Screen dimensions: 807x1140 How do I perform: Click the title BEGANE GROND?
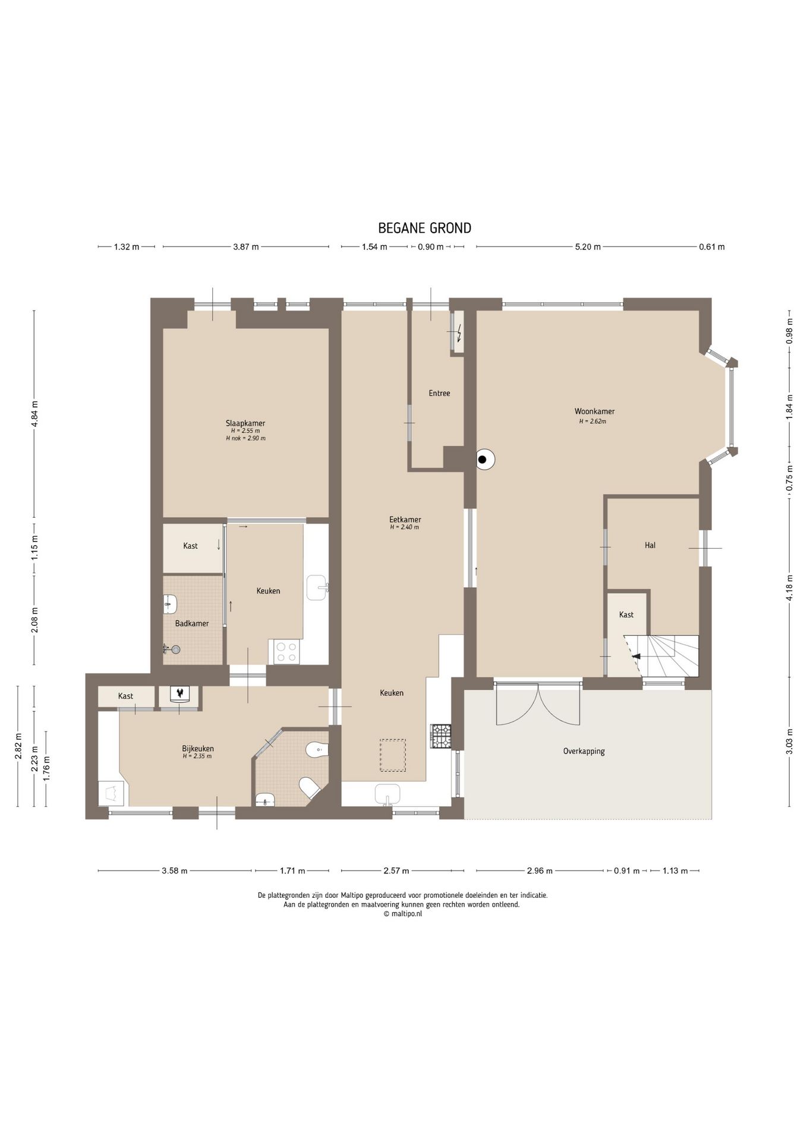point(424,228)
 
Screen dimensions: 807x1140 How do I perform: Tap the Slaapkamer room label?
point(245,423)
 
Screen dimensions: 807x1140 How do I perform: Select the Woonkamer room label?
point(594,411)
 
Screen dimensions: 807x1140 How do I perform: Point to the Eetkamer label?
point(405,520)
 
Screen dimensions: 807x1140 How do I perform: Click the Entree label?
point(439,393)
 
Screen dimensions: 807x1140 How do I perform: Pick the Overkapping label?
point(584,751)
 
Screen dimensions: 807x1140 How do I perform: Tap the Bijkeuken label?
point(198,749)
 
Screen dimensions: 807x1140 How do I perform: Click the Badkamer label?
point(192,623)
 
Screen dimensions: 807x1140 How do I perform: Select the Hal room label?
point(650,545)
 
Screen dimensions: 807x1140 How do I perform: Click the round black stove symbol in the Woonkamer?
point(485,459)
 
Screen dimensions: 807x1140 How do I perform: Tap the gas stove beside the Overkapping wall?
point(441,736)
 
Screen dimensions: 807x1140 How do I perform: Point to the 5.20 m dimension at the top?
point(587,247)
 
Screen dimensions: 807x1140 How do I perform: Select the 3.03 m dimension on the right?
point(789,742)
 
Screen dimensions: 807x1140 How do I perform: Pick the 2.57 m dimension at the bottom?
point(396,871)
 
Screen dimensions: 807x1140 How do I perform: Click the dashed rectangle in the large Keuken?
point(393,755)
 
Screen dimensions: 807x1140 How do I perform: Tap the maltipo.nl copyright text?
point(403,914)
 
